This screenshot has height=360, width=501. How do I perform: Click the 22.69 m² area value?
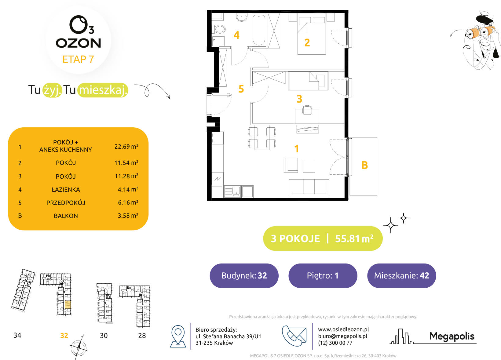[126, 147]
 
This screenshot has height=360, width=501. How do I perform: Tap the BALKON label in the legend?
[66, 216]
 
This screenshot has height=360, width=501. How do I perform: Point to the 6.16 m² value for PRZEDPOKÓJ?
[128, 202]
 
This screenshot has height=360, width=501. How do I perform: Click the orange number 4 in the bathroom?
[236, 35]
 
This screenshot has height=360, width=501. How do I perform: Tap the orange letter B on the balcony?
[364, 165]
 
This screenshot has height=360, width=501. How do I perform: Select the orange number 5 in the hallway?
[241, 89]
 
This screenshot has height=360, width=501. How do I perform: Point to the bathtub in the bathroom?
[259, 30]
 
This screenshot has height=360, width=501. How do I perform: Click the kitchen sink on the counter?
[232, 191]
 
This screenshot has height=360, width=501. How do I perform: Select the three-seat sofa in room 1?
[309, 188]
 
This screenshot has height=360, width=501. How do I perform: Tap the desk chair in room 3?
[307, 110]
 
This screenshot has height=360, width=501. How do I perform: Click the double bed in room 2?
[312, 36]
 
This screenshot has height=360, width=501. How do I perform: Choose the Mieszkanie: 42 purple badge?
[401, 275]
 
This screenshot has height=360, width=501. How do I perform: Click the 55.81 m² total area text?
[354, 238]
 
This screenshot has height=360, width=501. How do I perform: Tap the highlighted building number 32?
[64, 335]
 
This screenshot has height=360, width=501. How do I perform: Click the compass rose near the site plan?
[78, 348]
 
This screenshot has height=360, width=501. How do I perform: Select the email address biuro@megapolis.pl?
[343, 336]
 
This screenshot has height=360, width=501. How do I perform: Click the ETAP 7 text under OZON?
[78, 60]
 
